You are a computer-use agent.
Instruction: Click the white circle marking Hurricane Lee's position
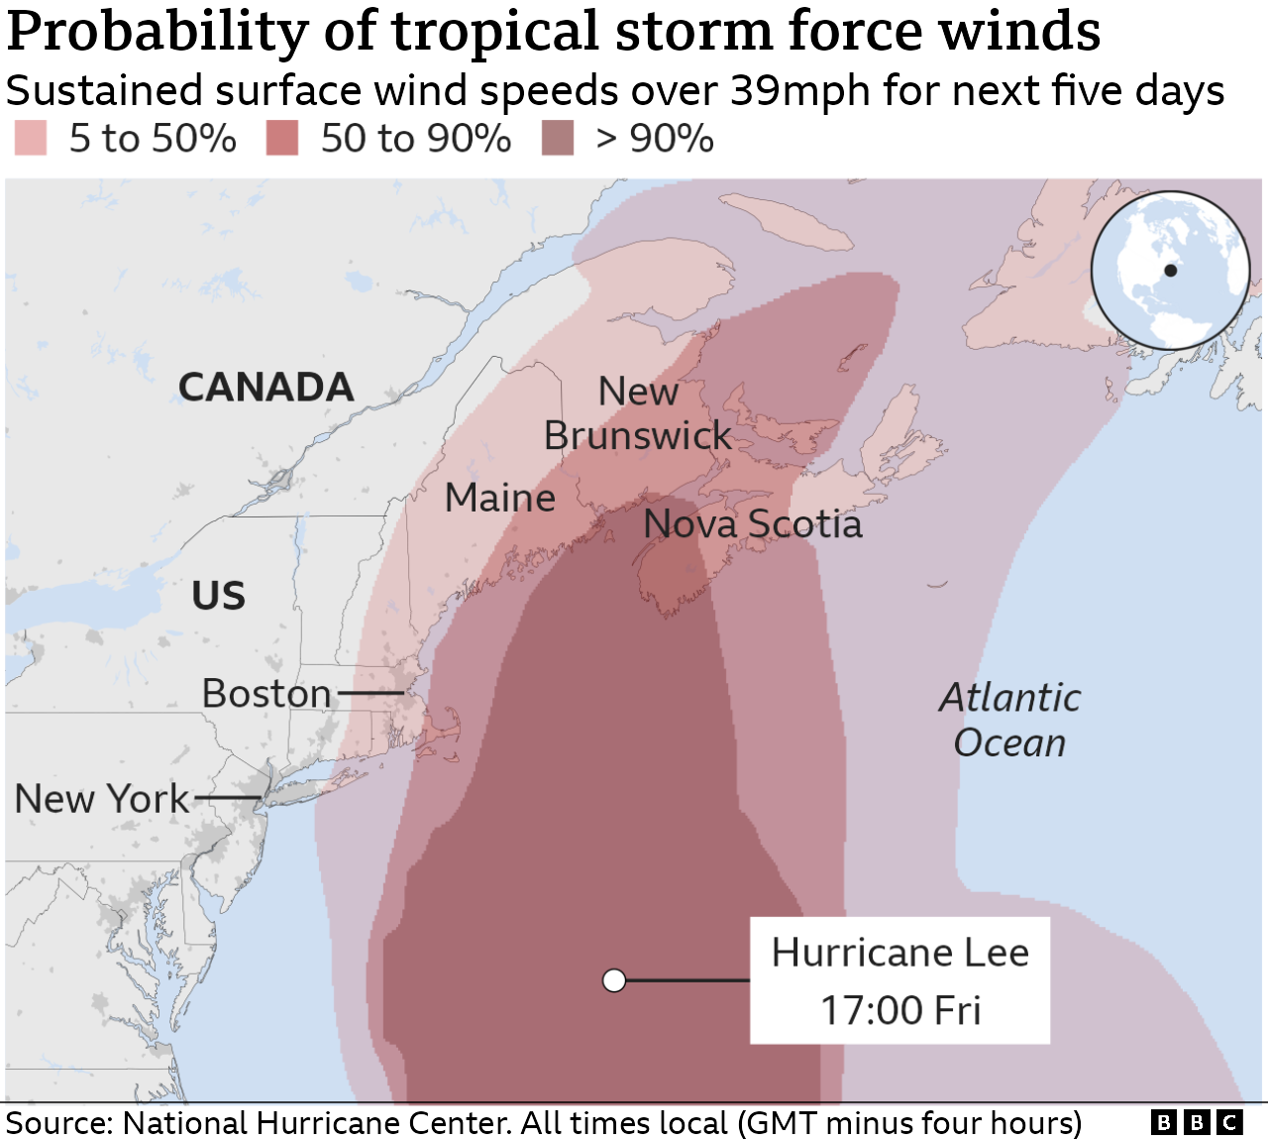pyautogui.click(x=614, y=980)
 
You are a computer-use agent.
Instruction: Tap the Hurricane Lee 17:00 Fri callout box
pyautogui.click(x=899, y=980)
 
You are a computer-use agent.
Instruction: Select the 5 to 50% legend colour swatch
pyautogui.click(x=31, y=139)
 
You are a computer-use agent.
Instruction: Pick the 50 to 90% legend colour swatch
pyautogui.click(x=282, y=139)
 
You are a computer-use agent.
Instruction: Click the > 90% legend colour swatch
pyautogui.click(x=558, y=139)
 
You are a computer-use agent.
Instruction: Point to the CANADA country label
pyautogui.click(x=265, y=388)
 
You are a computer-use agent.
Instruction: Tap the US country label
pyautogui.click(x=218, y=596)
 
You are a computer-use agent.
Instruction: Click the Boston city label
pyautogui.click(x=266, y=694)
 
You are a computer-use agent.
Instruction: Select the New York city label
pyautogui.click(x=101, y=799)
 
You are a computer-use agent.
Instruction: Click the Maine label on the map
pyautogui.click(x=499, y=498)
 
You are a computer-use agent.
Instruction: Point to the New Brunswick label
pyautogui.click(x=638, y=414)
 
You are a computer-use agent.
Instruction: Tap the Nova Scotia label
pyautogui.click(x=753, y=524)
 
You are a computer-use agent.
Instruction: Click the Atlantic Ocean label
pyautogui.click(x=1009, y=720)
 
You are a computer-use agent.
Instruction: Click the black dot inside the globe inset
pyautogui.click(x=1170, y=271)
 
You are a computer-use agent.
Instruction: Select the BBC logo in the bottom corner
pyautogui.click(x=1197, y=1122)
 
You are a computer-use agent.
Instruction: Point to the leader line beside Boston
pyautogui.click(x=370, y=693)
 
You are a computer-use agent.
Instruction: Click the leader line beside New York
pyautogui.click(x=228, y=797)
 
